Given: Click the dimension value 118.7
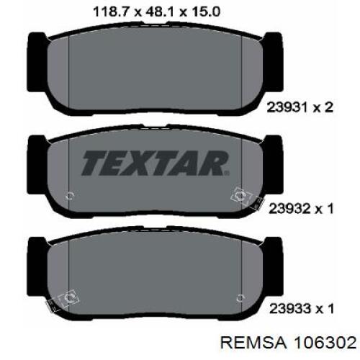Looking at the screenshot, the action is tap(111, 12).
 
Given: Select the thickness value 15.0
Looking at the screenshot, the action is tap(205, 12).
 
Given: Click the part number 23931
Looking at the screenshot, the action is tap(287, 107).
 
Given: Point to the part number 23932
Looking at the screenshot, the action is tap(289, 209).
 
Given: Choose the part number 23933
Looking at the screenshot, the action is tap(289, 309).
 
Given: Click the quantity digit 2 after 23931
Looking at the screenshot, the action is tap(328, 107).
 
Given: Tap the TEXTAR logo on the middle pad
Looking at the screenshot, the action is tap(155, 163).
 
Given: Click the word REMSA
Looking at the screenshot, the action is tap(253, 343).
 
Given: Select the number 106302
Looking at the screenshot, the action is tap(325, 343).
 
